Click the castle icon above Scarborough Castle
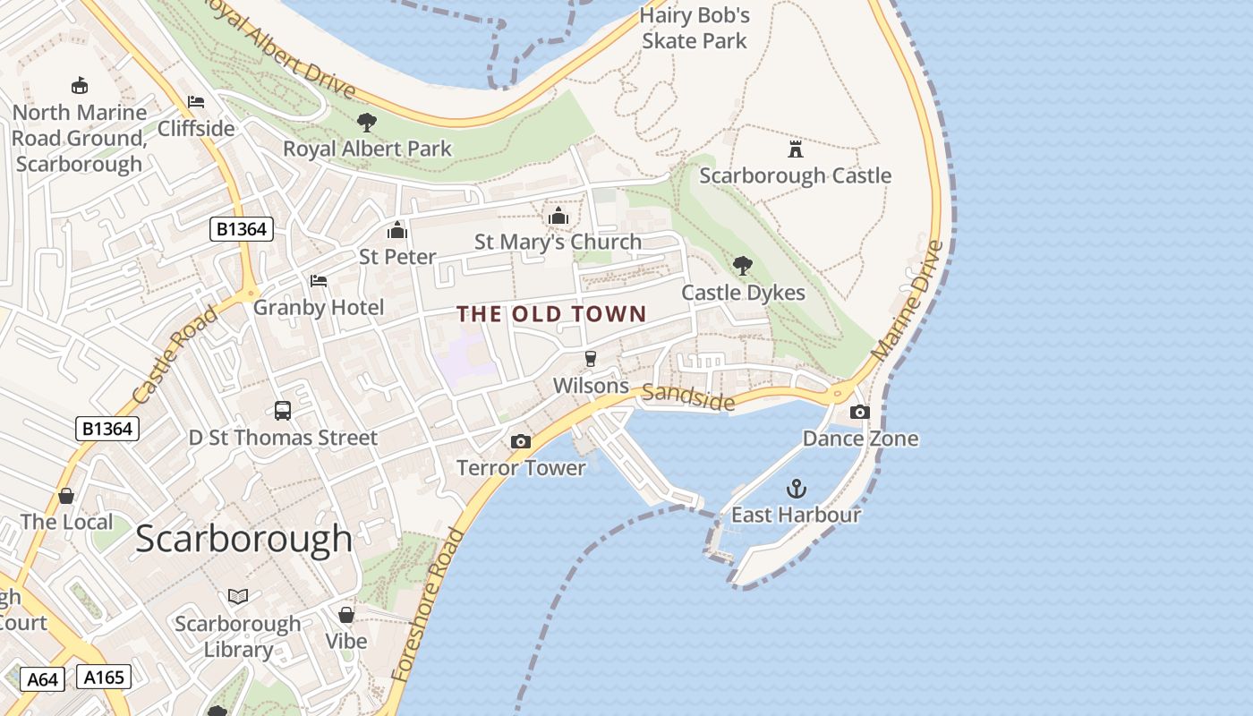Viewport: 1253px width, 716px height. [x=795, y=149]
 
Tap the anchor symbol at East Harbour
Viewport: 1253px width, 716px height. [x=796, y=489]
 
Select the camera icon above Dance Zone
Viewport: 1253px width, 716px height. [x=859, y=413]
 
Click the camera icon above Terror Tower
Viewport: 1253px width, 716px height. [x=520, y=442]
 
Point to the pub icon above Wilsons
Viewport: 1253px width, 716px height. [x=591, y=359]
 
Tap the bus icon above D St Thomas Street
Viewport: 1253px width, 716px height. [x=283, y=411]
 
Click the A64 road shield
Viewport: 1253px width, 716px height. [x=42, y=679]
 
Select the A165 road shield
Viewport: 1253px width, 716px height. [x=104, y=677]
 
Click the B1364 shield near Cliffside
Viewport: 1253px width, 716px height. [x=242, y=229]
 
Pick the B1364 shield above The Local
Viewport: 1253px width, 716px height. [x=107, y=429]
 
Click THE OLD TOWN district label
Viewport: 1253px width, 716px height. [x=551, y=314]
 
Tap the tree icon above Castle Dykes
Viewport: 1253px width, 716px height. [x=742, y=265]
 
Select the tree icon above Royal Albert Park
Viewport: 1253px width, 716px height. [x=366, y=123]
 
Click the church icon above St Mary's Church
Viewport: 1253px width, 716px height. [x=558, y=217]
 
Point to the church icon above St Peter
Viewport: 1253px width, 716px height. [x=397, y=231]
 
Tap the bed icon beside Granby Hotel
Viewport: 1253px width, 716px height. [x=319, y=281]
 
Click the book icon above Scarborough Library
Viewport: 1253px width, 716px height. [x=238, y=596]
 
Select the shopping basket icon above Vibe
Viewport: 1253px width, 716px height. [x=346, y=615]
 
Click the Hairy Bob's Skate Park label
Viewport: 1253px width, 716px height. [x=695, y=28]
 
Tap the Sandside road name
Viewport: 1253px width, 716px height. [x=688, y=397]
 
